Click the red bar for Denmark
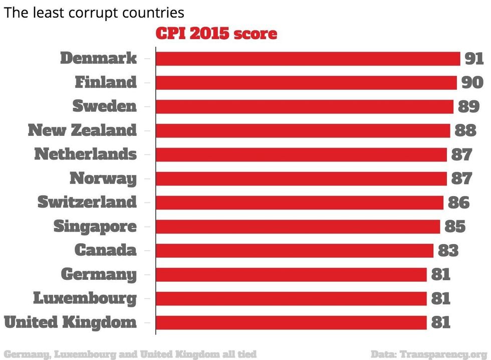(x=308, y=59)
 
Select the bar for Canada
(x=294, y=250)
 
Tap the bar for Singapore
(x=298, y=227)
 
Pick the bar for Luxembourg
(x=291, y=298)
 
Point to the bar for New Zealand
(x=303, y=131)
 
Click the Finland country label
(x=105, y=82)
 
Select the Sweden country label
(x=104, y=106)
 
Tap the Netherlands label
(x=85, y=154)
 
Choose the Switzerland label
(x=87, y=203)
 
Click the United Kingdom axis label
(x=70, y=322)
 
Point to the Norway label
(x=103, y=178)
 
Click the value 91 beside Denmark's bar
(x=473, y=59)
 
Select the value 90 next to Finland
(x=472, y=82)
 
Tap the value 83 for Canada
(x=448, y=250)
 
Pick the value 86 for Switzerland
(x=458, y=203)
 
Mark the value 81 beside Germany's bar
(x=441, y=274)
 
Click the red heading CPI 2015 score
(x=216, y=34)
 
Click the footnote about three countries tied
(x=130, y=353)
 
